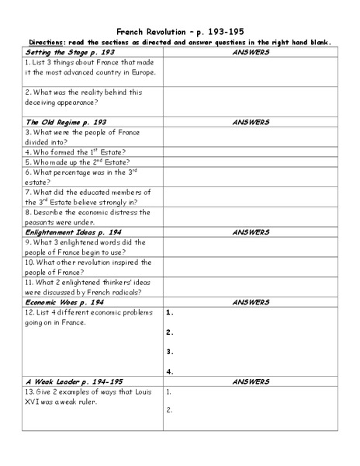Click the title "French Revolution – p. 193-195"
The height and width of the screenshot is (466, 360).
click(x=180, y=25)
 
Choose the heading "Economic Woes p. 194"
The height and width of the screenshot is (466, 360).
click(x=65, y=302)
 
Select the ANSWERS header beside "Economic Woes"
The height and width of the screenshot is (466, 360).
click(x=250, y=302)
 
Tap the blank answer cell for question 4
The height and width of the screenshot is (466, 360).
click(x=250, y=152)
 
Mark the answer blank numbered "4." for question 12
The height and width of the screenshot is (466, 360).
click(x=250, y=371)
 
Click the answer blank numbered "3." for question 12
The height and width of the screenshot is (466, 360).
click(x=250, y=351)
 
